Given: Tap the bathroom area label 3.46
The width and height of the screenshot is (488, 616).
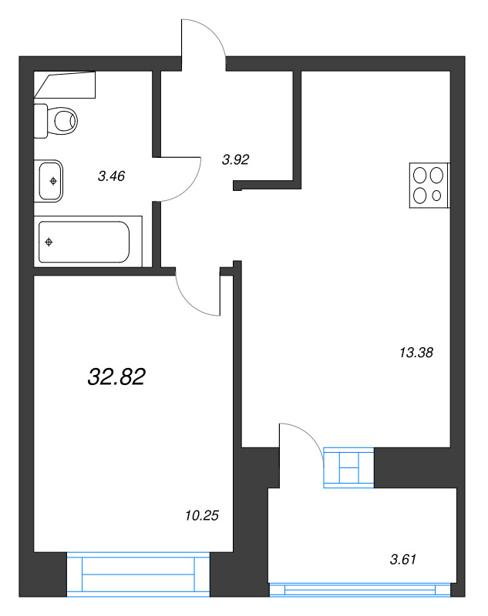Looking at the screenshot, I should (x=111, y=176).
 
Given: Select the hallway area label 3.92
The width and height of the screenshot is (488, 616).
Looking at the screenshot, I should (x=235, y=160).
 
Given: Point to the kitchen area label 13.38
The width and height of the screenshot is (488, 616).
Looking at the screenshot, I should (x=416, y=353).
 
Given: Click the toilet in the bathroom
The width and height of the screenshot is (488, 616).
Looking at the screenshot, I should (x=62, y=120).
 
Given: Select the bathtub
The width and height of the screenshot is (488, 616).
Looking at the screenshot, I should (x=84, y=242).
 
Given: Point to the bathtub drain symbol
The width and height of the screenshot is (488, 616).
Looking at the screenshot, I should (x=49, y=243).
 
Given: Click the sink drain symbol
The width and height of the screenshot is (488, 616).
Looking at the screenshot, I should (x=52, y=181).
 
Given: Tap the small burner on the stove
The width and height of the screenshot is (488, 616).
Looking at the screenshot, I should (x=437, y=196).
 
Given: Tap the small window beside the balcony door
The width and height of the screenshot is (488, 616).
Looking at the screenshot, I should (x=349, y=467).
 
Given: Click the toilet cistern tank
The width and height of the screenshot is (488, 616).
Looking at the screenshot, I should (x=41, y=121).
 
